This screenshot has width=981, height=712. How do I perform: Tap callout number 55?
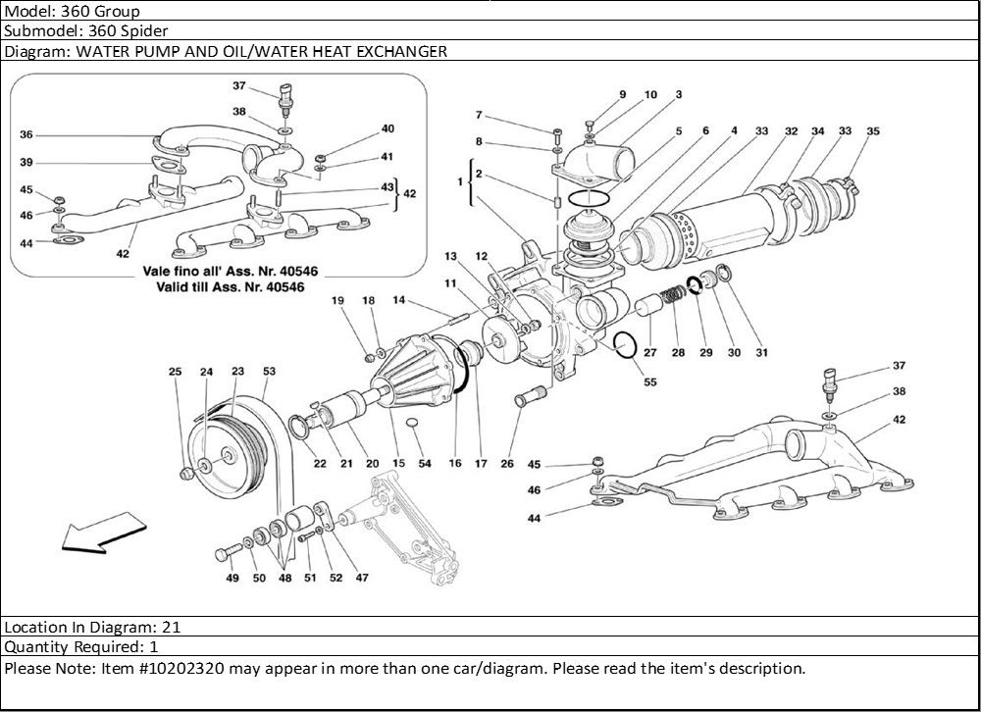pyautogui.click(x=650, y=382)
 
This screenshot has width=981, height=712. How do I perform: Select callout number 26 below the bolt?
pyautogui.click(x=507, y=464)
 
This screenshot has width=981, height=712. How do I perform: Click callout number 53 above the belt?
pyautogui.click(x=269, y=372)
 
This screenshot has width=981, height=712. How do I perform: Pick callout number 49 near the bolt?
pyautogui.click(x=232, y=579)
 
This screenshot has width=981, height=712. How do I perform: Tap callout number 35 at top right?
pyautogui.click(x=873, y=130)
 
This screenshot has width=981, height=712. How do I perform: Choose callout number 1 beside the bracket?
pyautogui.click(x=459, y=182)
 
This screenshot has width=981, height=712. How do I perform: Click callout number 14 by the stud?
pyautogui.click(x=399, y=300)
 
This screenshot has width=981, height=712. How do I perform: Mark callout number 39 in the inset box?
pyautogui.click(x=26, y=162)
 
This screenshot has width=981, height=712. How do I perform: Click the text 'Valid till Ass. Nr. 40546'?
pyautogui.click(x=230, y=288)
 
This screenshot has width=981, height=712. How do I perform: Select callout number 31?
pyautogui.click(x=761, y=353)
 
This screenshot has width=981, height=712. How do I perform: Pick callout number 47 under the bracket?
pyautogui.click(x=362, y=579)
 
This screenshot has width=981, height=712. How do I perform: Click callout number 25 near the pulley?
pyautogui.click(x=176, y=372)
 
